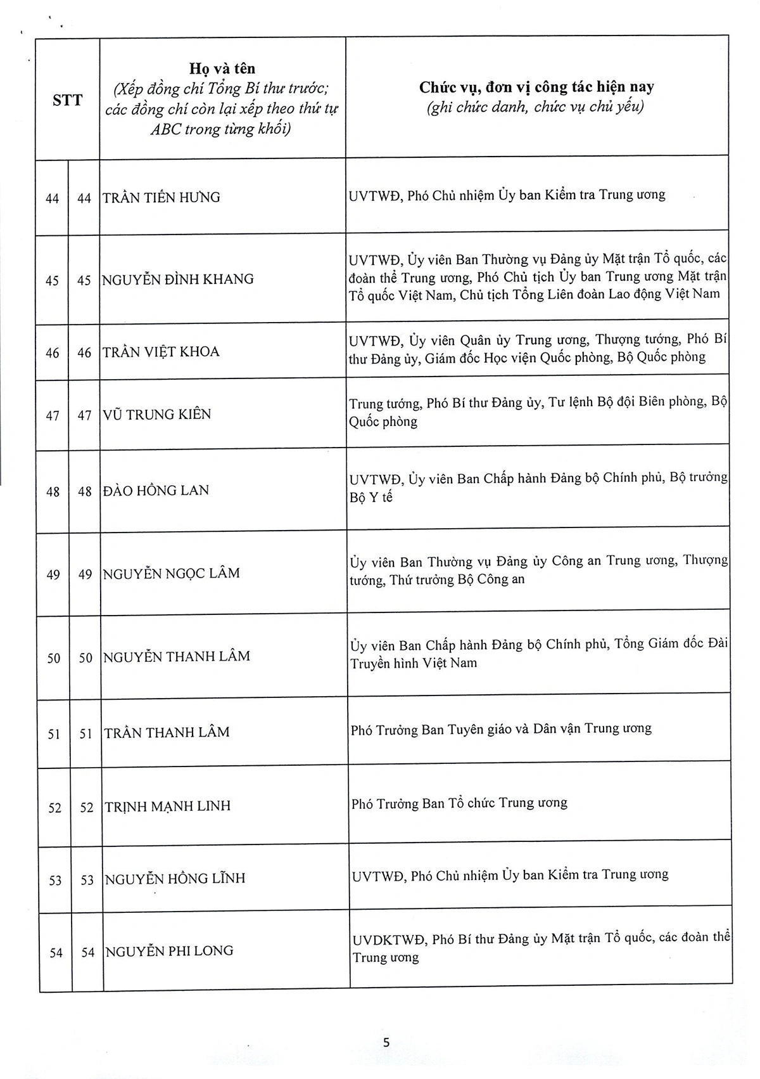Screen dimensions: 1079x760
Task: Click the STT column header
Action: tap(67, 100)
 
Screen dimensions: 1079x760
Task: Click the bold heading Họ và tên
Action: tap(222, 68)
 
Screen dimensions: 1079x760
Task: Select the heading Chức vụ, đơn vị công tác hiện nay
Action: tap(536, 87)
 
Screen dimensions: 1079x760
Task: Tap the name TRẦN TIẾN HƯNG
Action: tap(161, 197)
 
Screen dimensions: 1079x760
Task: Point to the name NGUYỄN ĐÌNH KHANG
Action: tap(178, 279)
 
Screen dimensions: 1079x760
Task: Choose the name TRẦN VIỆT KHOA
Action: tap(161, 352)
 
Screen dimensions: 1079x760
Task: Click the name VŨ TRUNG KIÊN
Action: tap(157, 415)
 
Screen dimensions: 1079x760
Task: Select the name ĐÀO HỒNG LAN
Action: tap(156, 490)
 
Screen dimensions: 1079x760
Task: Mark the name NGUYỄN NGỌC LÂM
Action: tap(172, 574)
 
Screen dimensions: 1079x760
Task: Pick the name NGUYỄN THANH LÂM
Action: tap(177, 657)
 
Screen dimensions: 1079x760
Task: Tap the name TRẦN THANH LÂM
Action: tap(167, 733)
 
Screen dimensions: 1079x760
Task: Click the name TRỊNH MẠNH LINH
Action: tap(168, 806)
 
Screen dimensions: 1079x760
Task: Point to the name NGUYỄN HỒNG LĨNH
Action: tap(175, 879)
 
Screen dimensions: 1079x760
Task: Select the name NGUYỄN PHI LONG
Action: tap(170, 951)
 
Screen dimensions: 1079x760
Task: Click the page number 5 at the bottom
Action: tap(386, 1042)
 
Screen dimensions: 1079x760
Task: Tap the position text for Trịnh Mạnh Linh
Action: tap(459, 804)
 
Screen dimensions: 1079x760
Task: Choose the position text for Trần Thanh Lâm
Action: tap(501, 729)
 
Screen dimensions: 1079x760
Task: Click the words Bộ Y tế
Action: tap(371, 498)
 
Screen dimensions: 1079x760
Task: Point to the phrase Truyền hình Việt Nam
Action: tap(414, 664)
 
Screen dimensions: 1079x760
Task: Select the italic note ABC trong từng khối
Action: tap(220, 129)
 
